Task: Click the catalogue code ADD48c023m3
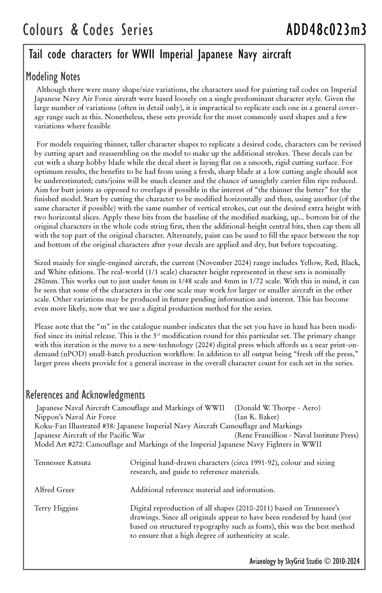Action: click(x=326, y=30)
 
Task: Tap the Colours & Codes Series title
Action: click(x=88, y=30)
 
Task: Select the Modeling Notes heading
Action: click(x=53, y=77)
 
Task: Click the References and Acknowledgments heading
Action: click(x=85, y=395)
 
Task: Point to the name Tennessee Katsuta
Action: click(x=62, y=463)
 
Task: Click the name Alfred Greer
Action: click(x=55, y=490)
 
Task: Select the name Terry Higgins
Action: click(x=56, y=508)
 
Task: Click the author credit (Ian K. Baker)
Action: click(x=257, y=417)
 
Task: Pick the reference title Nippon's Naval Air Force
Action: click(x=76, y=417)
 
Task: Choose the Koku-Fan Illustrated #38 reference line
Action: click(x=168, y=426)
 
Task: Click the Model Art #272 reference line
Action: click(x=177, y=444)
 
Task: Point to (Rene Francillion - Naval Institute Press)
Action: click(x=296, y=435)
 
